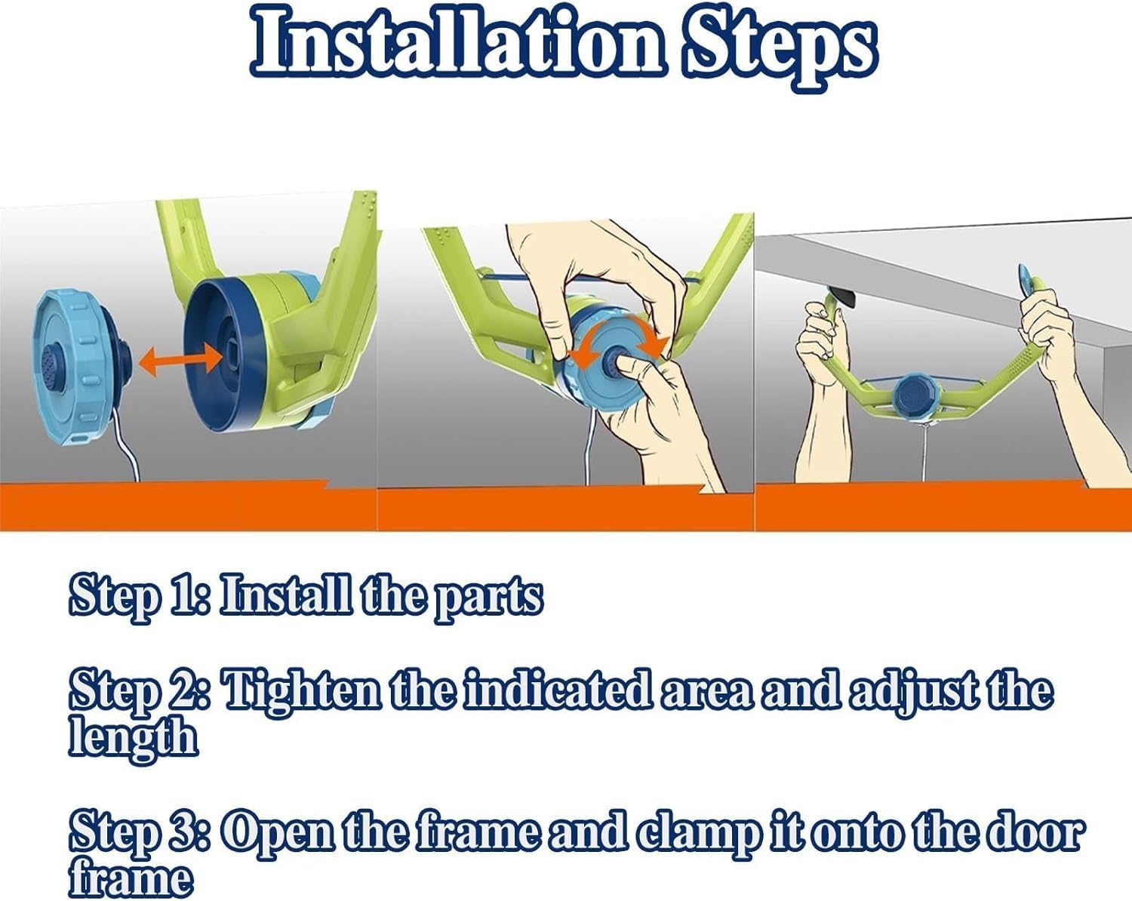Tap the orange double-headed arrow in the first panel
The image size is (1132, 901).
(x=181, y=361)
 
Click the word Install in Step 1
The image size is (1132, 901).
(x=285, y=594)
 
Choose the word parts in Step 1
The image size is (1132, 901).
(x=489, y=598)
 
